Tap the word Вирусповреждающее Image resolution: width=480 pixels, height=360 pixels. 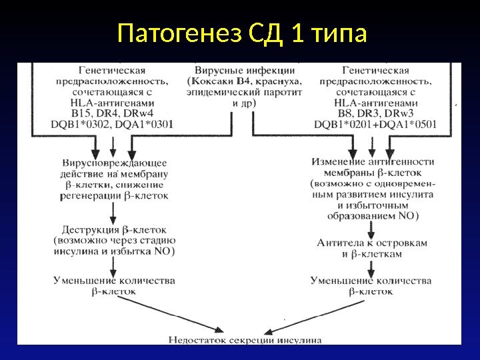(x=114, y=163)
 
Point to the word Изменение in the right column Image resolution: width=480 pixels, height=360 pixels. (x=338, y=162)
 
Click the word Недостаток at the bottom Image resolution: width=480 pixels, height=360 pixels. (x=198, y=339)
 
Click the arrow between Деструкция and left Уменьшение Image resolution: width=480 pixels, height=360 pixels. (x=114, y=265)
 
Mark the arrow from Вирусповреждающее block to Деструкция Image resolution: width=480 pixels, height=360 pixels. (x=114, y=212)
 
